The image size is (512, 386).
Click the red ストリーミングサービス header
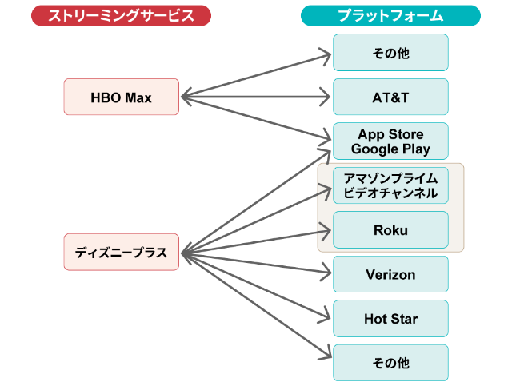pyautogui.click(x=121, y=16)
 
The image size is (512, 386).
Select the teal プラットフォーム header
pyautogui.click(x=390, y=16)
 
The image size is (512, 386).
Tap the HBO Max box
pyautogui.click(x=121, y=97)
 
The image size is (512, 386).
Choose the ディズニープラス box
pyautogui.click(x=121, y=253)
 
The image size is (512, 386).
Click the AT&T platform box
pyautogui.click(x=390, y=97)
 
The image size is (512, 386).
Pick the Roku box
pyautogui.click(x=390, y=230)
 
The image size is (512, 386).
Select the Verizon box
pyautogui.click(x=390, y=275)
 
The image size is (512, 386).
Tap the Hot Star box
pyautogui.click(x=390, y=320)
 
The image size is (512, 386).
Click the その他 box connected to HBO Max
pyautogui.click(x=390, y=53)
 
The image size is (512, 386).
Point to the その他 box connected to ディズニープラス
pyautogui.click(x=390, y=364)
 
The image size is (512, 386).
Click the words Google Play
pyautogui.click(x=390, y=149)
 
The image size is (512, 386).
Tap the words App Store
pyautogui.click(x=390, y=134)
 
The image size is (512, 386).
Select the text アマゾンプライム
pyautogui.click(x=390, y=177)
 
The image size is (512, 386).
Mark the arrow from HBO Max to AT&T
pyautogui.click(x=256, y=97)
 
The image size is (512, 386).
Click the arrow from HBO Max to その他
pyautogui.click(x=256, y=75)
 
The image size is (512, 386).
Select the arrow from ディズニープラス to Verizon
pyautogui.click(x=256, y=263)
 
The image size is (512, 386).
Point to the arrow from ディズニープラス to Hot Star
pyautogui.click(x=256, y=285)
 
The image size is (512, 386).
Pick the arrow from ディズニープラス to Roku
pyautogui.click(x=256, y=242)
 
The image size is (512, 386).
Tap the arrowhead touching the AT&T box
pyautogui.click(x=326, y=97)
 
